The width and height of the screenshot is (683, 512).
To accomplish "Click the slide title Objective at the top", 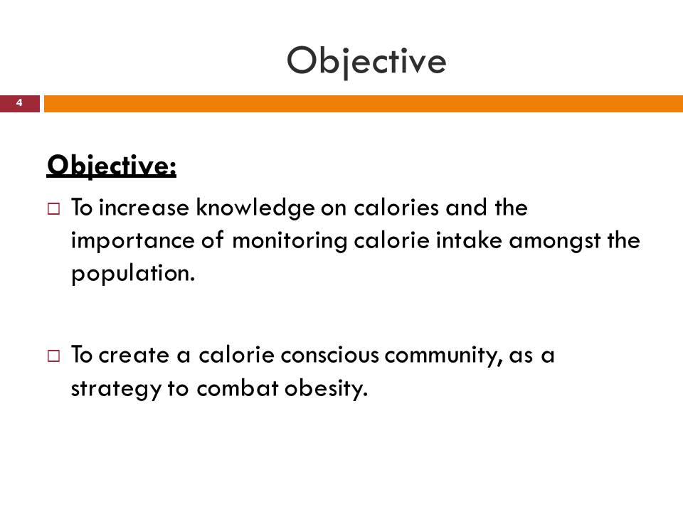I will click(366, 61).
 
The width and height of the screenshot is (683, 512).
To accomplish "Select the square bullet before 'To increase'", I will click(53, 210).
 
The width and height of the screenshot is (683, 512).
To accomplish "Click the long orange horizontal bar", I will click(363, 104).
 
